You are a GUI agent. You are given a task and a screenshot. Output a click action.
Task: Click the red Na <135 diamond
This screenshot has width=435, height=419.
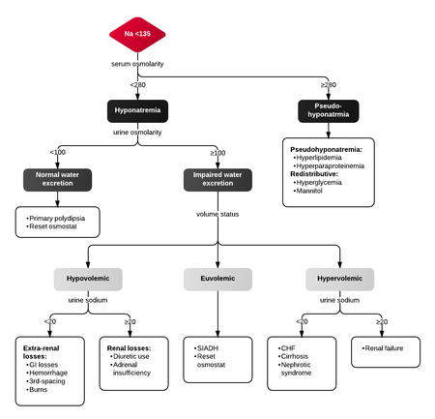(137, 36)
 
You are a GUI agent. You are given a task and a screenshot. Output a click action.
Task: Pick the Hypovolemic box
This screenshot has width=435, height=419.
(88, 279)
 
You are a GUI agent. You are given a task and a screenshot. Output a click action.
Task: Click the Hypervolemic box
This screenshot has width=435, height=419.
(339, 279)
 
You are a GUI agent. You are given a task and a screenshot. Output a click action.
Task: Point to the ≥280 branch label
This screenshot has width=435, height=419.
(328, 85)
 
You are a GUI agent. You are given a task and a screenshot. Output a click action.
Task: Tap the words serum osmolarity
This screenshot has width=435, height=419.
(137, 64)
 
